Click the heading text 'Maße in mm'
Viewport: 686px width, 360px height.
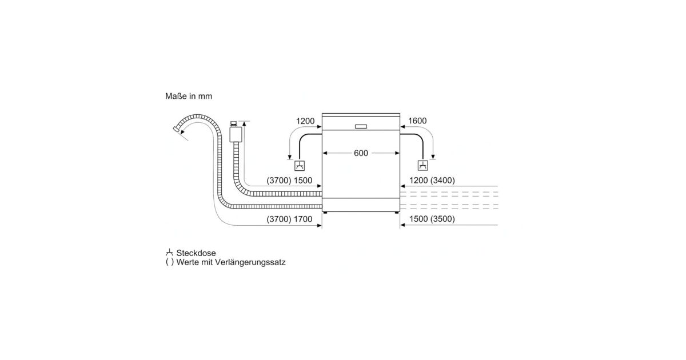(x=189, y=96)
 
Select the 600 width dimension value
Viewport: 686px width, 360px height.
(x=361, y=153)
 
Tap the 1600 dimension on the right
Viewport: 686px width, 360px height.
(x=417, y=121)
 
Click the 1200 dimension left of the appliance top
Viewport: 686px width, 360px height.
(x=305, y=121)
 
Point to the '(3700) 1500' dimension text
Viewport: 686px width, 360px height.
(x=289, y=181)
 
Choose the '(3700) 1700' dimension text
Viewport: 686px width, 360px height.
(x=289, y=219)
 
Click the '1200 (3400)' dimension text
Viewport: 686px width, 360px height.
(x=432, y=181)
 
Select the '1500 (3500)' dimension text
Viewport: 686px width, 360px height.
(x=432, y=219)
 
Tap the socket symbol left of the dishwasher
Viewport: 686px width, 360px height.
(x=300, y=166)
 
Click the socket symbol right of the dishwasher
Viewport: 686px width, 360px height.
(x=423, y=165)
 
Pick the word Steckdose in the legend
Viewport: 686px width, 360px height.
(x=196, y=253)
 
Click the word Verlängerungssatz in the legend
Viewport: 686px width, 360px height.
(x=250, y=262)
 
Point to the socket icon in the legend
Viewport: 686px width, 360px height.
(x=169, y=253)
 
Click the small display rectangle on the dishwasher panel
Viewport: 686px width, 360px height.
(x=361, y=126)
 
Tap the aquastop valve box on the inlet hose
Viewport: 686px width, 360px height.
(x=236, y=134)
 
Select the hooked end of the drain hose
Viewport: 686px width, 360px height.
(x=177, y=129)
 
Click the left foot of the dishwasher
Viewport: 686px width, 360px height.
(x=325, y=213)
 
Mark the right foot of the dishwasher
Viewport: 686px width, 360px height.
(x=397, y=213)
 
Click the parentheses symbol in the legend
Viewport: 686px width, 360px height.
(x=170, y=262)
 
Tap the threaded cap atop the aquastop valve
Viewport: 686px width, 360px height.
(x=233, y=123)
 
